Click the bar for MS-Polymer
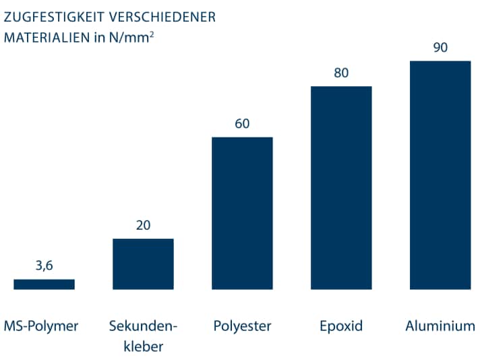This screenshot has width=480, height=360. click(44, 284)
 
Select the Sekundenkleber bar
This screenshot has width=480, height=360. click(143, 264)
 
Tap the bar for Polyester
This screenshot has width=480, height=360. click(242, 213)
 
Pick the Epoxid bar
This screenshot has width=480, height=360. click(341, 187)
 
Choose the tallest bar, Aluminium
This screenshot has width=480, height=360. click(440, 175)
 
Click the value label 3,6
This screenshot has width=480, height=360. click(44, 266)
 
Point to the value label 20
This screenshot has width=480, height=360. click(143, 225)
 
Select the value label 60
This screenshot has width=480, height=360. click(242, 123)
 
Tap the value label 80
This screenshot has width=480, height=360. click(341, 73)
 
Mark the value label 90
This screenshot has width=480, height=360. click(440, 47)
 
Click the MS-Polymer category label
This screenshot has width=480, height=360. click(41, 326)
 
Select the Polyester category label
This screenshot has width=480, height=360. click(242, 326)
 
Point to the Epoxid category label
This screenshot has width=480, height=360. click(341, 326)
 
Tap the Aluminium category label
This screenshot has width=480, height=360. click(440, 326)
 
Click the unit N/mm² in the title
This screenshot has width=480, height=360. click(131, 36)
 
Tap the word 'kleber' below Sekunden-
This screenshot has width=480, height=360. click(143, 347)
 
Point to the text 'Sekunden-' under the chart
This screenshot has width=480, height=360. click(143, 326)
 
